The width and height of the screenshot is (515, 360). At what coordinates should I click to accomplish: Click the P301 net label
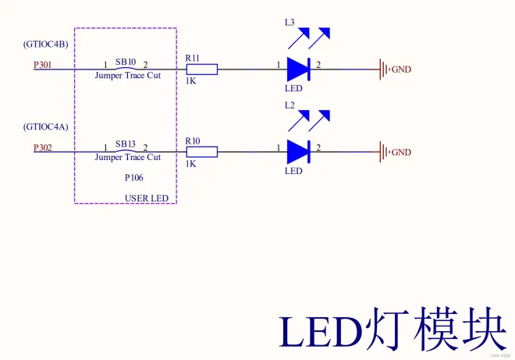coord(43,66)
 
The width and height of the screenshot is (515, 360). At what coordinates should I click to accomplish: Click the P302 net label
coord(43,148)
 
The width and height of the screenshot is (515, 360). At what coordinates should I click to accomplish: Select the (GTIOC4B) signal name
coord(45,45)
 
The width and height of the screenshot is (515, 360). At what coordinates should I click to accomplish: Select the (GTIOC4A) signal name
coord(45,127)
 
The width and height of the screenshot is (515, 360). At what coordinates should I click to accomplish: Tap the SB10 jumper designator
coord(126,61)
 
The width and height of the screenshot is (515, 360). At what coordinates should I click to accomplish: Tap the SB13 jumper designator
coord(126,144)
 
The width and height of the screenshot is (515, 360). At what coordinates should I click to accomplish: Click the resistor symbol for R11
coord(201,70)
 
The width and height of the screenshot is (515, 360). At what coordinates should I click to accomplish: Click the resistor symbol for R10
coord(201,151)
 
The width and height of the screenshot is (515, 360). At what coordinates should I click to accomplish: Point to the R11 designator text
coord(193,59)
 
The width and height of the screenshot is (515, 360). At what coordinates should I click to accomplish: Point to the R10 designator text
coord(193,141)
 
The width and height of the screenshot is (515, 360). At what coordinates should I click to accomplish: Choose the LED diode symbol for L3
coord(299,70)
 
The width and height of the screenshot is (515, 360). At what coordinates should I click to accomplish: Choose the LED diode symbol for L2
coord(299,151)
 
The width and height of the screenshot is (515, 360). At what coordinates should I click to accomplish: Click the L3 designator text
coord(289,23)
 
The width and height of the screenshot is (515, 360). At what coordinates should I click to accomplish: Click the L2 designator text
coord(289,105)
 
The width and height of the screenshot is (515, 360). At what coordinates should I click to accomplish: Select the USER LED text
coord(147,198)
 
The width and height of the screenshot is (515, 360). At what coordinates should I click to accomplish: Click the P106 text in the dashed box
coord(134,178)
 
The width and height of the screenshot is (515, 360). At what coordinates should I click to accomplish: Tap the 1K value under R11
coord(191,81)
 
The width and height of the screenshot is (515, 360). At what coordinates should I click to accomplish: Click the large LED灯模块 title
coord(393,333)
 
